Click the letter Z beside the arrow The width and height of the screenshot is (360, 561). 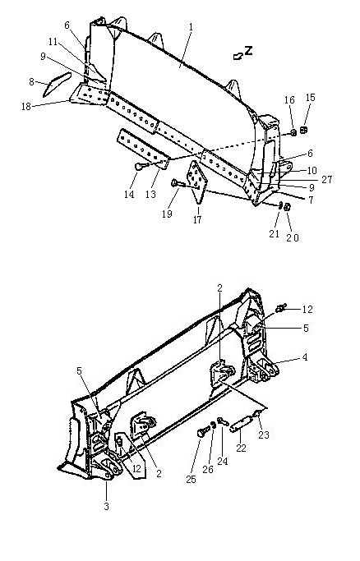click(248, 50)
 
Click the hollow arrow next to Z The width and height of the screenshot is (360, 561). click(238, 56)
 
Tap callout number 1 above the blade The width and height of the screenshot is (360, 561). click(191, 27)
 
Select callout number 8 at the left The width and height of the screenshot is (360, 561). click(31, 82)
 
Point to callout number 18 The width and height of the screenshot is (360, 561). click(26, 106)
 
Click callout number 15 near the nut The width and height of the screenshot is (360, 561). click(310, 97)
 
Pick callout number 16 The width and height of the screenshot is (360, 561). click(289, 99)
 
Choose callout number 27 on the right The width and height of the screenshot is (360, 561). click(327, 179)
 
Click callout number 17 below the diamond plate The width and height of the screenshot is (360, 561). click(197, 219)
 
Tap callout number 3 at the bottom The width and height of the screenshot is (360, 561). click(106, 507)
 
